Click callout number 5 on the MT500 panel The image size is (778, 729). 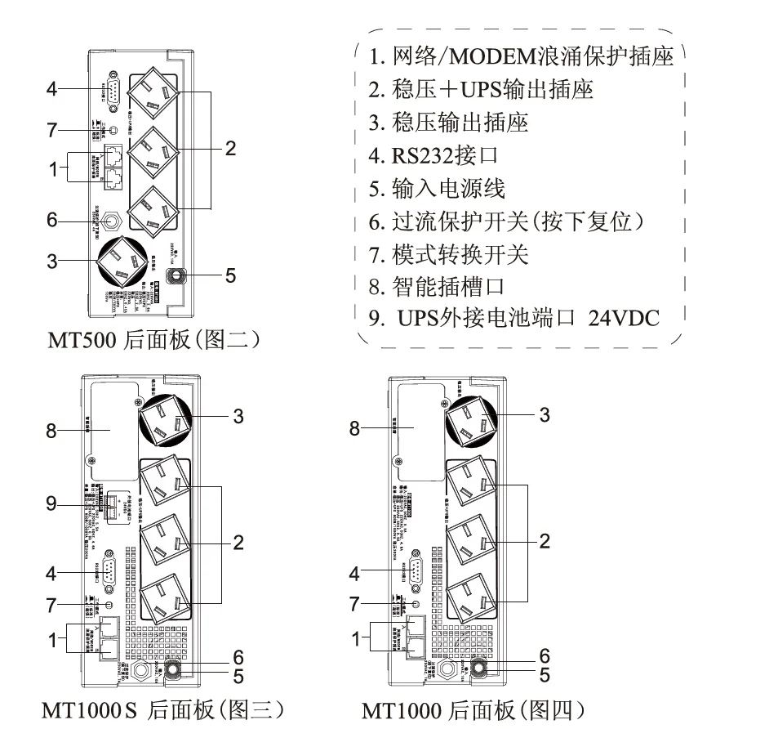pyautogui.click(x=231, y=275)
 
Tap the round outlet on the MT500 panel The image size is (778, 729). pyautogui.click(x=123, y=261)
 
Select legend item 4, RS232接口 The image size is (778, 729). pyautogui.click(x=433, y=154)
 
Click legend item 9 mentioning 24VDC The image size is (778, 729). pyautogui.click(x=513, y=318)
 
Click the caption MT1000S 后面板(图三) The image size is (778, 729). pyautogui.click(x=162, y=708)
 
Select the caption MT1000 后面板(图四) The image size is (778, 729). pyautogui.click(x=475, y=708)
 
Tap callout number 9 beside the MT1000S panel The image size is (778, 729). pyautogui.click(x=51, y=504)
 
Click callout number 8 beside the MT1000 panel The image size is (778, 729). pyautogui.click(x=354, y=427)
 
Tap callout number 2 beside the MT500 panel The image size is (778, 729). pyautogui.click(x=231, y=149)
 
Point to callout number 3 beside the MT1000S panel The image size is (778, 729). pyautogui.click(x=238, y=416)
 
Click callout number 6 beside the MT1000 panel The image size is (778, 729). pyautogui.click(x=545, y=656)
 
